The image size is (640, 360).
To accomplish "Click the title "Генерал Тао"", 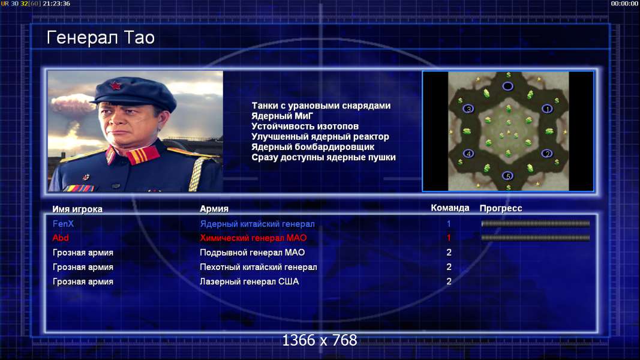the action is (100, 38).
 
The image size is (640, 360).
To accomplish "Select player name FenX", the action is (63, 224).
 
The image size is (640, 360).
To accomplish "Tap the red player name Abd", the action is (61, 238).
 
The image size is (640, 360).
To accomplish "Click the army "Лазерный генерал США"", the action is (249, 281).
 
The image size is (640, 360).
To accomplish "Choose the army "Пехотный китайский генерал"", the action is (259, 268).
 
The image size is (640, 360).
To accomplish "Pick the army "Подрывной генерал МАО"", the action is (253, 253).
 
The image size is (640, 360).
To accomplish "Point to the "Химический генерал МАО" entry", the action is (253, 238).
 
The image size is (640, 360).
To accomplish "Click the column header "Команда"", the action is (450, 208).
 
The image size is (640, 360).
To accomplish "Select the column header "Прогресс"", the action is (501, 208).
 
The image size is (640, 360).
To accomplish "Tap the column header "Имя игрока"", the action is (77, 209).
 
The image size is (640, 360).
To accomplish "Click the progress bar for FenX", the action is (536, 224).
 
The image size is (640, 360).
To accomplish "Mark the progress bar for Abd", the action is (536, 238).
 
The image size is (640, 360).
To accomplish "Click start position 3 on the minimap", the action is (468, 109).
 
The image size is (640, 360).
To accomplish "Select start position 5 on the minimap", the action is (507, 176).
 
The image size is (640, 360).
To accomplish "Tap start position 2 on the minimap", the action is (547, 154).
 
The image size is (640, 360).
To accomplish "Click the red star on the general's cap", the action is (115, 86).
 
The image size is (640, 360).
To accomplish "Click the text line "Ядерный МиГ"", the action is (282, 116).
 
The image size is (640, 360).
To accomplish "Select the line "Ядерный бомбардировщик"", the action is (313, 147).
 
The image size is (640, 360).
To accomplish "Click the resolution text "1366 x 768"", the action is (320, 340).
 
